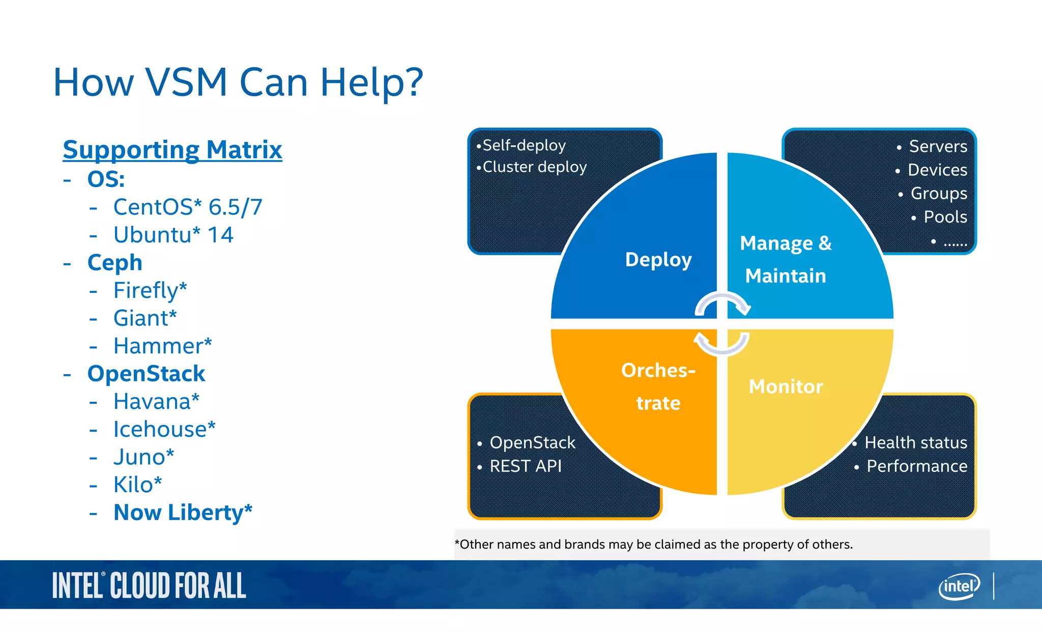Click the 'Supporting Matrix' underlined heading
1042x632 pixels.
coord(172,150)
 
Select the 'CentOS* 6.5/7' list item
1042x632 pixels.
coord(187,207)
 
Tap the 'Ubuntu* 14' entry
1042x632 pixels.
coord(173,235)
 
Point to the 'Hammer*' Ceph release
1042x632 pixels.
coord(162,346)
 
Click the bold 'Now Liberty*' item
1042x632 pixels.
coord(183,512)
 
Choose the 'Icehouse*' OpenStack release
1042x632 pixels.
coord(164,429)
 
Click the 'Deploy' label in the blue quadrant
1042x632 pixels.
coord(658,259)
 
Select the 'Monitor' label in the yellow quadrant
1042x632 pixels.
coord(786,386)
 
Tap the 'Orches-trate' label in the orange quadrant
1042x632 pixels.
coord(658,386)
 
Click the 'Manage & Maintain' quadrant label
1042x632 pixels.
coord(786,259)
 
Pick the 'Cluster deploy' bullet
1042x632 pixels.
coord(534,167)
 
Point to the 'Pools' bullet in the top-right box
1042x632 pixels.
coord(945,217)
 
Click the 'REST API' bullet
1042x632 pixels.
coord(525,466)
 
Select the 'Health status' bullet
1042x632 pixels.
coord(915,442)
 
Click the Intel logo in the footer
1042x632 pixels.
coord(959,586)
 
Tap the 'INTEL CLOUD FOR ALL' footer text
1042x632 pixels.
coord(149,586)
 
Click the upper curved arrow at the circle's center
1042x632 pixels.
coord(722,304)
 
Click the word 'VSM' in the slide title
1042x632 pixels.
coord(186,82)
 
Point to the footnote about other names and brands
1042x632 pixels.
coord(653,545)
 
